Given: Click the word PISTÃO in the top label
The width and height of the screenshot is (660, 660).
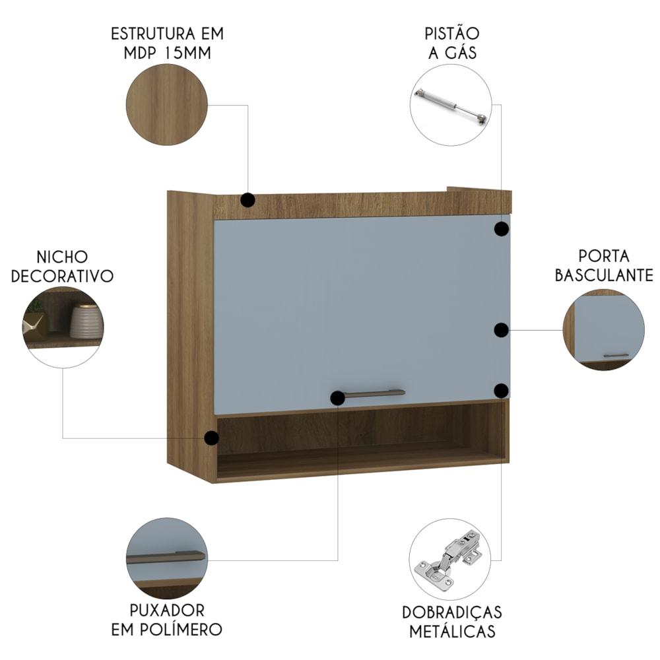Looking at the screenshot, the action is click(x=451, y=33).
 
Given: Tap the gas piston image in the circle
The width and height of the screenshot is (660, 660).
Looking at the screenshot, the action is click(x=451, y=106).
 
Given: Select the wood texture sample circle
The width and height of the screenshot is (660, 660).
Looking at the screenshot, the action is click(x=167, y=105).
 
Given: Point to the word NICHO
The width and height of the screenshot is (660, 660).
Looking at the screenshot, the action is click(x=62, y=257).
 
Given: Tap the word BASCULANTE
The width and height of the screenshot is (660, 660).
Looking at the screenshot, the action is click(x=604, y=275).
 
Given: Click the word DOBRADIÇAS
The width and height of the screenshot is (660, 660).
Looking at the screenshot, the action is click(x=452, y=613).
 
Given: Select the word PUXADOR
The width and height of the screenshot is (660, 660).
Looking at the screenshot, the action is click(x=167, y=610).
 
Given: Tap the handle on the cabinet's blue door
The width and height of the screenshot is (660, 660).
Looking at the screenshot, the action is click(x=372, y=393).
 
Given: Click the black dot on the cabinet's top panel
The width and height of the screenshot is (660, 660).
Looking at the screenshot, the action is click(x=248, y=200).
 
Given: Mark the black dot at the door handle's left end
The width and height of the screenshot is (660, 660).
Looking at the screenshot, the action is click(x=337, y=398).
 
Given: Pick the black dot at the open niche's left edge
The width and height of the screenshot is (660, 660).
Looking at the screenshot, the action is click(x=211, y=438).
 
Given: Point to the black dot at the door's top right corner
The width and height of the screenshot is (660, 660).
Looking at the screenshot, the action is click(x=502, y=229).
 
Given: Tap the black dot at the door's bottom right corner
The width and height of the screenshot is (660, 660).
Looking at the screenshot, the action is click(x=502, y=391).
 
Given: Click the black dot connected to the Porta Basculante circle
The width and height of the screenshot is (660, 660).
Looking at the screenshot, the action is click(x=502, y=331).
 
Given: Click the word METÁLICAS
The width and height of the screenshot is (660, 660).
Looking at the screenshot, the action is click(x=452, y=632).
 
